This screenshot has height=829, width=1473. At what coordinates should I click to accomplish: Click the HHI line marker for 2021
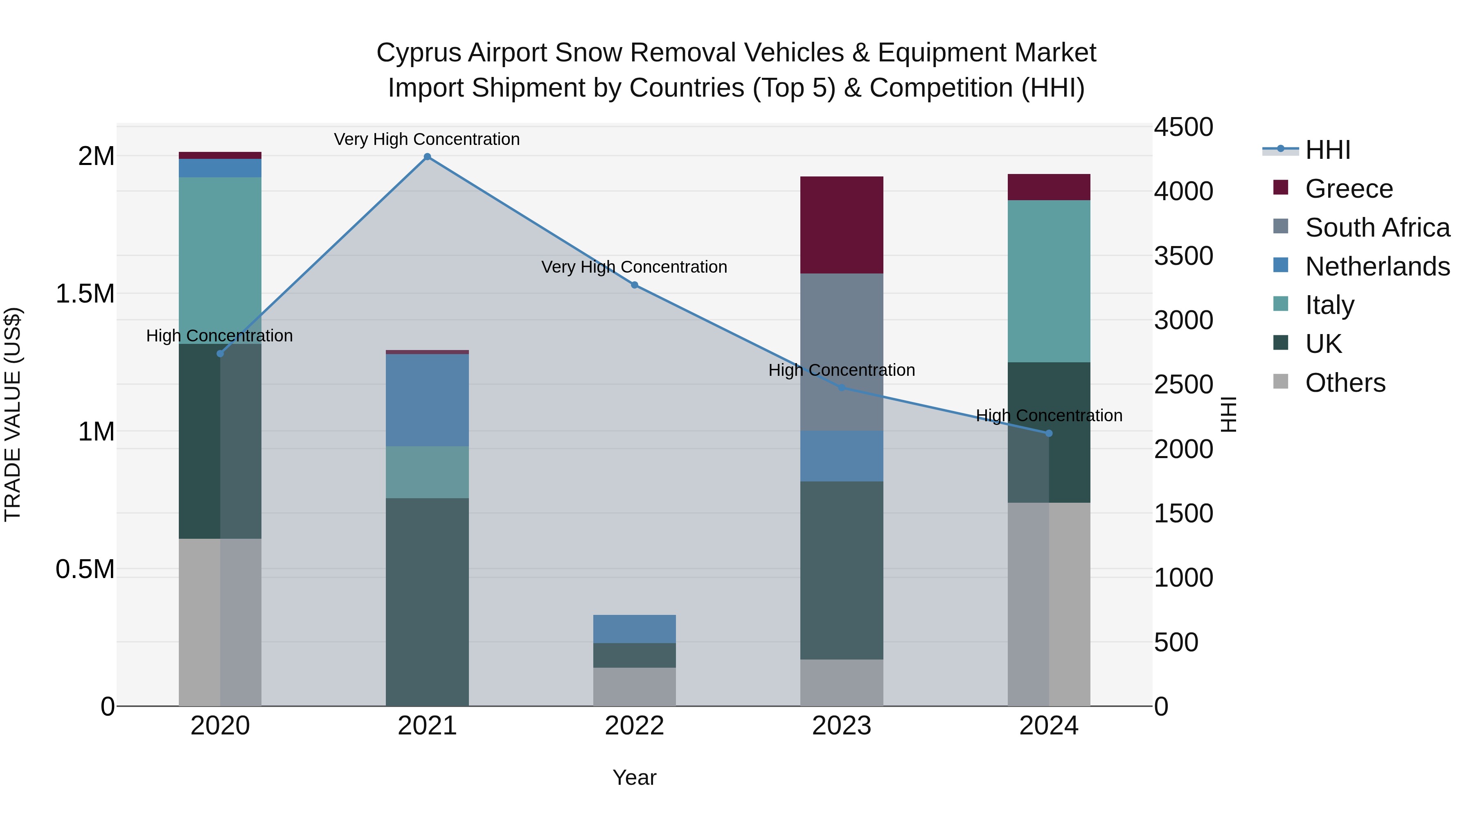point(427,157)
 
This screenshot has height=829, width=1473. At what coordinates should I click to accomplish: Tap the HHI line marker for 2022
point(634,285)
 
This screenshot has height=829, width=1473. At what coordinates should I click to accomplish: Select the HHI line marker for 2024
point(1049,433)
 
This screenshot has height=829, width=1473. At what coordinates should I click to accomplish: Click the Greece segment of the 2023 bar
point(841,225)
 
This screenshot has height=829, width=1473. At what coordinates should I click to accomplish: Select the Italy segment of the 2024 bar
point(1049,281)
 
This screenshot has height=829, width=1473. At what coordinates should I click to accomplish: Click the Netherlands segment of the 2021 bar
point(427,400)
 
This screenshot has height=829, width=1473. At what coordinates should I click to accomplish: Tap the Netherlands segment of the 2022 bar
point(634,629)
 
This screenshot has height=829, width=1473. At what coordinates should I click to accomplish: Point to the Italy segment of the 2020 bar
point(220,252)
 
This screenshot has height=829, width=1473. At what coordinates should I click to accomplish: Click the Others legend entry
point(1345,383)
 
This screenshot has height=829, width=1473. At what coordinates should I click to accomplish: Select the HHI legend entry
point(1328,150)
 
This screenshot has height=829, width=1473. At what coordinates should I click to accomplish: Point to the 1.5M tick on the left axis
point(85,294)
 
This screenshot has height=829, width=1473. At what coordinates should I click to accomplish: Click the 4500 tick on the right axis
point(1183,127)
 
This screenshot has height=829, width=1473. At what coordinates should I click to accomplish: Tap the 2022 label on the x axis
point(634,726)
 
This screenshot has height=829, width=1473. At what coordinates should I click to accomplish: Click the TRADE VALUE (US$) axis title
point(13,414)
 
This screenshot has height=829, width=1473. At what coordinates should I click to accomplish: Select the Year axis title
point(634,777)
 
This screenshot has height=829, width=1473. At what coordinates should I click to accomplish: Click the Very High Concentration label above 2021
point(427,139)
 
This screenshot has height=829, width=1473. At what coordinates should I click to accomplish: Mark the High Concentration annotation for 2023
point(841,370)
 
